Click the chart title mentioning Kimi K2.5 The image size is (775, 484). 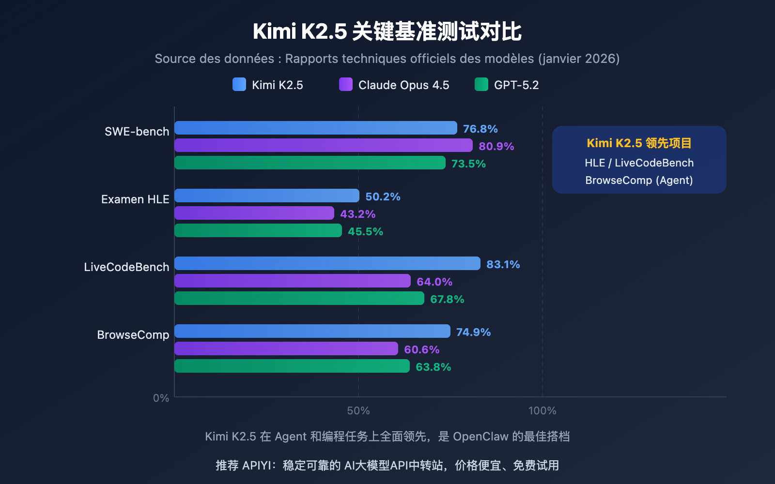coord(387,31)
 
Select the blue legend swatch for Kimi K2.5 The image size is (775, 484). coord(239,85)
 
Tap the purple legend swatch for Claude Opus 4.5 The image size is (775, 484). coord(346,85)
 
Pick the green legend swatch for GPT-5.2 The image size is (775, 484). coord(481,85)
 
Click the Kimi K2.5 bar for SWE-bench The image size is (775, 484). coord(315,128)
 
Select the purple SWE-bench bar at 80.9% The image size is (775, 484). coord(323,145)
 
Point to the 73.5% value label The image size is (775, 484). coord(468,164)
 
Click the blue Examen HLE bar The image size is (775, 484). coord(266,196)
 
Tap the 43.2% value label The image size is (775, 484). coord(357,214)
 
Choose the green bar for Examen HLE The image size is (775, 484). coord(258,230)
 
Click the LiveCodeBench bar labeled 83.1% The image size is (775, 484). coord(327,263)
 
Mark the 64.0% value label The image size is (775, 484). coord(434,282)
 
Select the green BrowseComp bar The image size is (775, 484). coord(292,366)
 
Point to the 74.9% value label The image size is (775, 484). coord(473,332)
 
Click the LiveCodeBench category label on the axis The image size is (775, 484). coord(126,267)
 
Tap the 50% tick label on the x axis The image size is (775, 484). coord(358,411)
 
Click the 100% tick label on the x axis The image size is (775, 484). coord(542,411)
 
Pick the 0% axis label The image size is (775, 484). coord(161,398)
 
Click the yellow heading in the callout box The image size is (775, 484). coord(639,143)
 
